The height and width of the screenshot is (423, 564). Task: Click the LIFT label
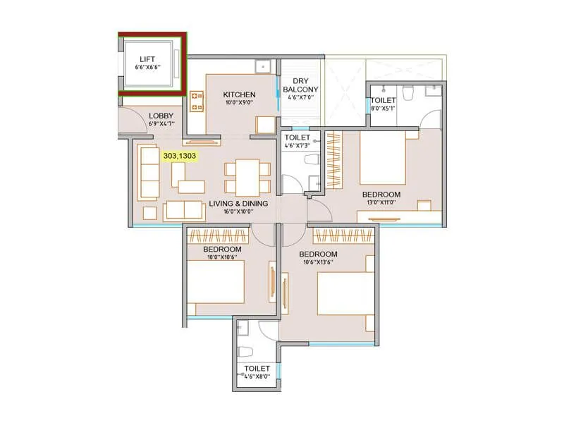click(x=148, y=59)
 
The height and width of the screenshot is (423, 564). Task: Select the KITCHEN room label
click(x=240, y=94)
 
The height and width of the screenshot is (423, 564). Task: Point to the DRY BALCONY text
click(x=301, y=85)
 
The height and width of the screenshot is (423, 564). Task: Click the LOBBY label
click(x=162, y=116)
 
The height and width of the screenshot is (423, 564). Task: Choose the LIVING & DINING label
click(x=238, y=203)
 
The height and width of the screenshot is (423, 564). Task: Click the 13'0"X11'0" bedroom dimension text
click(x=381, y=202)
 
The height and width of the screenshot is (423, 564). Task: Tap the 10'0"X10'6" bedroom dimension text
click(x=222, y=257)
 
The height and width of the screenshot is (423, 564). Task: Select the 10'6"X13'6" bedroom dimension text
click(x=317, y=262)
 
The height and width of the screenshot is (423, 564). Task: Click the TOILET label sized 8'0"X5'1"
click(x=383, y=101)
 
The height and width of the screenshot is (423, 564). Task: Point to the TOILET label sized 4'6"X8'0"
click(x=257, y=368)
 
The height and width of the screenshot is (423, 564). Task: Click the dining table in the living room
click(x=247, y=177)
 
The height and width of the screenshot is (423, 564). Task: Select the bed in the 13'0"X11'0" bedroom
click(x=382, y=159)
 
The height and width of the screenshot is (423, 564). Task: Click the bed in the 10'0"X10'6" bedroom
click(x=216, y=282)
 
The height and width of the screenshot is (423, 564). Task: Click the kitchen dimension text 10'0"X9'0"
click(x=240, y=103)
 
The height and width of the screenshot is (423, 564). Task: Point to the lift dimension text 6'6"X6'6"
click(x=148, y=68)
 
